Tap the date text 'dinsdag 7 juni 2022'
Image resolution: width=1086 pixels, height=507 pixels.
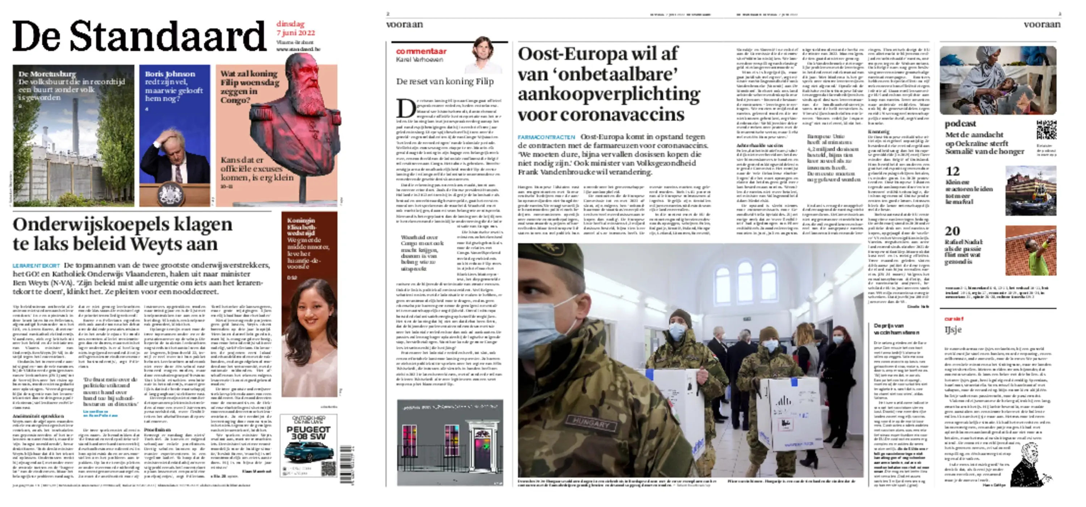pyautogui.click(x=295, y=28)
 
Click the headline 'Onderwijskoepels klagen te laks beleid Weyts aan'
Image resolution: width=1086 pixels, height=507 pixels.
pyautogui.click(x=122, y=234)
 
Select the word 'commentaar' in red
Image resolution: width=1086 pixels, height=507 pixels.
pyautogui.click(x=421, y=51)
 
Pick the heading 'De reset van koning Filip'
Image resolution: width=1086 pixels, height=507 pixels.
pyautogui.click(x=445, y=81)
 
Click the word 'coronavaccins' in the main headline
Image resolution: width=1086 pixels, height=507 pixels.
pyautogui.click(x=601, y=115)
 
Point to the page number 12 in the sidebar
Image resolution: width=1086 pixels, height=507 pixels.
pyautogui.click(x=952, y=172)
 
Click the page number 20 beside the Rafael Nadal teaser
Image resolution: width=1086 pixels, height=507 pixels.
pyautogui.click(x=952, y=231)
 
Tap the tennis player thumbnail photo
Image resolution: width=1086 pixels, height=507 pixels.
pyautogui.click(x=1030, y=250)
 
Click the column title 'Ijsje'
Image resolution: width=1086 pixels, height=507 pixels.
pyautogui.click(x=952, y=330)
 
